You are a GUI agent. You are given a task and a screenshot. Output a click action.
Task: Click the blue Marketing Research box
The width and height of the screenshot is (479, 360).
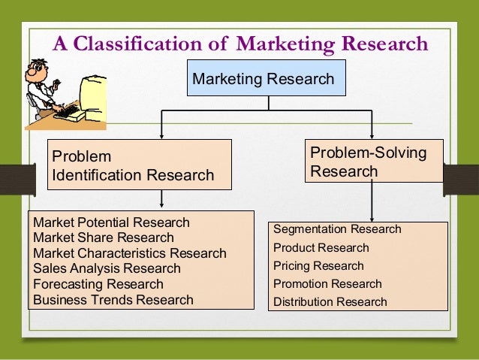pyautogui.click(x=264, y=79)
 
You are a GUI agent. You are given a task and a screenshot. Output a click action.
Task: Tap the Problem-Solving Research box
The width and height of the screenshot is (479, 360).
pyautogui.click(x=369, y=162)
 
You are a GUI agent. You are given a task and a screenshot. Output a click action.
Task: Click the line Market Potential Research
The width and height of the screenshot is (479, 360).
pyautogui.click(x=111, y=222)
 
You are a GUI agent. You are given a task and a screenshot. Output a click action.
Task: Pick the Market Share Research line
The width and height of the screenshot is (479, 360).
pyautogui.click(x=104, y=237)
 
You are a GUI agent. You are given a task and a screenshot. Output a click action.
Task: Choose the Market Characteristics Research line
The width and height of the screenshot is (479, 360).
pyautogui.click(x=129, y=253)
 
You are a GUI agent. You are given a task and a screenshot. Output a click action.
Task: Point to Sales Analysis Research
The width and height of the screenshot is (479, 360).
pyautogui.click(x=107, y=268)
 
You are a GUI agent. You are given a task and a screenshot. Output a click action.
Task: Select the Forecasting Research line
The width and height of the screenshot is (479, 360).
pyautogui.click(x=98, y=284)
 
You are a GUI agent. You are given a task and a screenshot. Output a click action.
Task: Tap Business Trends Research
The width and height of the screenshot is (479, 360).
pyautogui.click(x=113, y=299)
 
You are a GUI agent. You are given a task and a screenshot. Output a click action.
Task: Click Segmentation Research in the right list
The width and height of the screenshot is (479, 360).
pyautogui.click(x=337, y=228)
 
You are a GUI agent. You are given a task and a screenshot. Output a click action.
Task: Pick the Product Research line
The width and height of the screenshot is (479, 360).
pyautogui.click(x=321, y=247)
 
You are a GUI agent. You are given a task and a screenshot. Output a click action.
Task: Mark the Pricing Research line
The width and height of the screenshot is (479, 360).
pyautogui.click(x=318, y=265)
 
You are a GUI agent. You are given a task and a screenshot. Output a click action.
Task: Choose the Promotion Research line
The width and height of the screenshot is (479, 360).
pyautogui.click(x=327, y=284)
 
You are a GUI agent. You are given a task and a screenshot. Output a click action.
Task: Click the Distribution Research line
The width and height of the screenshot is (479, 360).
pyautogui.click(x=330, y=302)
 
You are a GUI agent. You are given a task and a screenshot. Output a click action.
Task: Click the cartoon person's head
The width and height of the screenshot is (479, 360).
pyautogui.click(x=38, y=74)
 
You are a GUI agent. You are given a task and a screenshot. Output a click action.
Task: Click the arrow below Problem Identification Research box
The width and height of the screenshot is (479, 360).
pyautogui.click(x=161, y=199)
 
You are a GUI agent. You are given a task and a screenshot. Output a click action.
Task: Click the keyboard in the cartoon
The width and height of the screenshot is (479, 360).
pyautogui.click(x=70, y=112)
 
